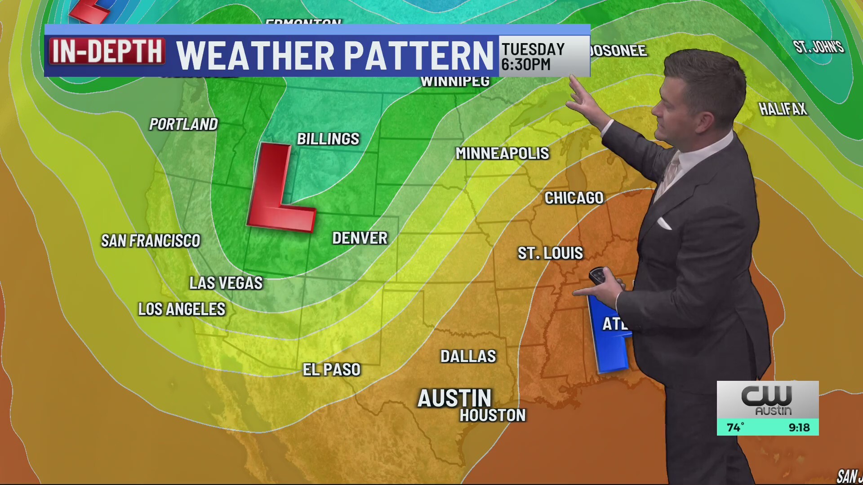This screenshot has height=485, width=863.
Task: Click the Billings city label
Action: (x=328, y=139)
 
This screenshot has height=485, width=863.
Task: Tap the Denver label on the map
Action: (x=360, y=238)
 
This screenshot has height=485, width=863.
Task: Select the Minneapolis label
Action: (x=502, y=154)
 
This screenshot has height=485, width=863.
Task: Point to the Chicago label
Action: (x=574, y=198)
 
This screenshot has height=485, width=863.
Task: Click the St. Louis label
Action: (x=550, y=253)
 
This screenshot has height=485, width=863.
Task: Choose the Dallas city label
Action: (x=468, y=357)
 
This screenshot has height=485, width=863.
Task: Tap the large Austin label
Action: (x=454, y=398)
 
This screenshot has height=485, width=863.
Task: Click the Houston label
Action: (x=492, y=415)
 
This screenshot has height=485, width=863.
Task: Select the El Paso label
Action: (x=332, y=370)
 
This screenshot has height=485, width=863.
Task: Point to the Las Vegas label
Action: (x=226, y=283)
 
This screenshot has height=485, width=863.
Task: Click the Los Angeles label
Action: (x=182, y=309)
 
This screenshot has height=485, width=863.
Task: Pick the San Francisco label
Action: (x=151, y=241)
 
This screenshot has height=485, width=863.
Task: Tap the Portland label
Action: (x=183, y=124)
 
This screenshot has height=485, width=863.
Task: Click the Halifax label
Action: (x=783, y=109)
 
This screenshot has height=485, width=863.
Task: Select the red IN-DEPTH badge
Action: (x=107, y=51)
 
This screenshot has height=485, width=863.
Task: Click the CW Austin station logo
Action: (x=767, y=400)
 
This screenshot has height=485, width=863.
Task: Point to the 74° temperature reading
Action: (x=735, y=428)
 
